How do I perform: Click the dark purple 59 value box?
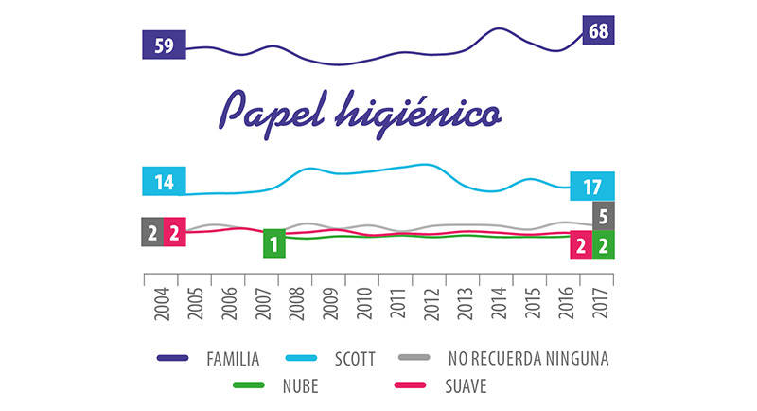tap(164, 45)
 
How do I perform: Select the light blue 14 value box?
tap(164, 181)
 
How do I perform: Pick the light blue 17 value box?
tap(593, 186)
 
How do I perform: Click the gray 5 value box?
tap(604, 216)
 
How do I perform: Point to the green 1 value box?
tap(274, 243)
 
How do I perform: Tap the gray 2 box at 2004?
tap(152, 232)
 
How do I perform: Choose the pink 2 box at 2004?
tap(175, 232)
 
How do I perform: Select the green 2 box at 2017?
tap(604, 245)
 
